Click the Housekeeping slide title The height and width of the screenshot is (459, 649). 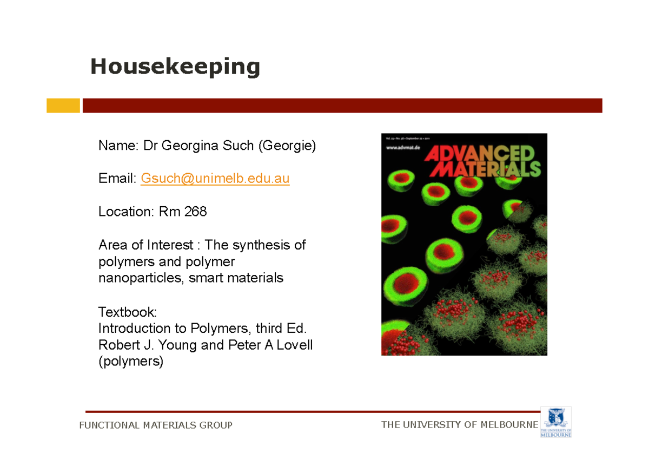click(x=175, y=67)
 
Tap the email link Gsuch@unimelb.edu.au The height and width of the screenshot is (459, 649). click(x=215, y=179)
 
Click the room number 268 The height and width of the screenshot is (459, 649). click(x=195, y=212)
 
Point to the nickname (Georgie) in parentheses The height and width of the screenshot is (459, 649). click(x=286, y=146)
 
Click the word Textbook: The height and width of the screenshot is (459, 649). click(x=127, y=312)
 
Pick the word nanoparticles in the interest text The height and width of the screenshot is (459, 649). click(x=141, y=278)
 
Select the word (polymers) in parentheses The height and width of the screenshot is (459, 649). click(x=130, y=361)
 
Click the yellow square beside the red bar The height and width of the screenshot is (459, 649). click(x=63, y=106)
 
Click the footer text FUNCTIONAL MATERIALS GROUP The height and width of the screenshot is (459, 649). click(x=156, y=425)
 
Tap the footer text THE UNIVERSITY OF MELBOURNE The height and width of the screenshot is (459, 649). click(x=460, y=425)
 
